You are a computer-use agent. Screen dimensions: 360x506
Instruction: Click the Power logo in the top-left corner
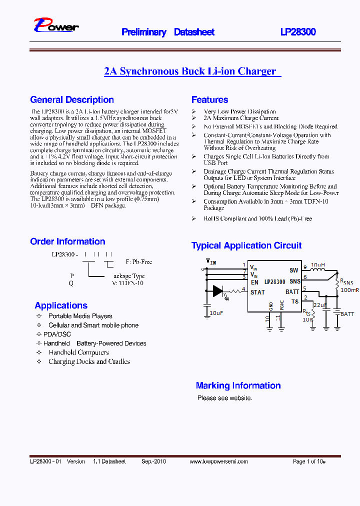tap(56, 26)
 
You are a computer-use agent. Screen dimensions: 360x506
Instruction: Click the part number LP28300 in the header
tap(298, 32)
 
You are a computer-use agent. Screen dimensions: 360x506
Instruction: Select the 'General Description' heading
tap(72, 99)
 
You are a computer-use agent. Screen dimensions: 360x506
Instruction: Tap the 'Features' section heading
tap(209, 99)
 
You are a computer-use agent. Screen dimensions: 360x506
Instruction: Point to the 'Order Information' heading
tap(67, 241)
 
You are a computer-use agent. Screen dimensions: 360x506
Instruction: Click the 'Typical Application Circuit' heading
tap(246, 245)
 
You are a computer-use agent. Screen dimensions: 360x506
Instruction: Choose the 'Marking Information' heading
tap(238, 385)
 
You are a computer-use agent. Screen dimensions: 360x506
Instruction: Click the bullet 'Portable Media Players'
tap(80, 316)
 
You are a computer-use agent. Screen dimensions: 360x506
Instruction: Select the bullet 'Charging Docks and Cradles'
tap(89, 361)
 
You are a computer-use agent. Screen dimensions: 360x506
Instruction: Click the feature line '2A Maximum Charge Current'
tap(241, 118)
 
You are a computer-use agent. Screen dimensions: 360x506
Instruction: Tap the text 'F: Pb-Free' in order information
tap(139, 262)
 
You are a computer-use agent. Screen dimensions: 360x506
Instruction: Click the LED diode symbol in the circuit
tap(218, 291)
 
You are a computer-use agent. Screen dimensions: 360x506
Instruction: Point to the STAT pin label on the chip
tap(257, 292)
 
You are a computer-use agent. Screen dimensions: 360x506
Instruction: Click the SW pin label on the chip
tap(293, 270)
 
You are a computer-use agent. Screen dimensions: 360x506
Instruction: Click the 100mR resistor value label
tap(349, 290)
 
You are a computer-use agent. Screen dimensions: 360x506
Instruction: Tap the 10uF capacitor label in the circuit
tap(216, 312)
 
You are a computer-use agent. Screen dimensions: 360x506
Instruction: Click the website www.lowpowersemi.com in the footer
tap(218, 461)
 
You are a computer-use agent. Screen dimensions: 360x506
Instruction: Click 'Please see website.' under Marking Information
tap(224, 398)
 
